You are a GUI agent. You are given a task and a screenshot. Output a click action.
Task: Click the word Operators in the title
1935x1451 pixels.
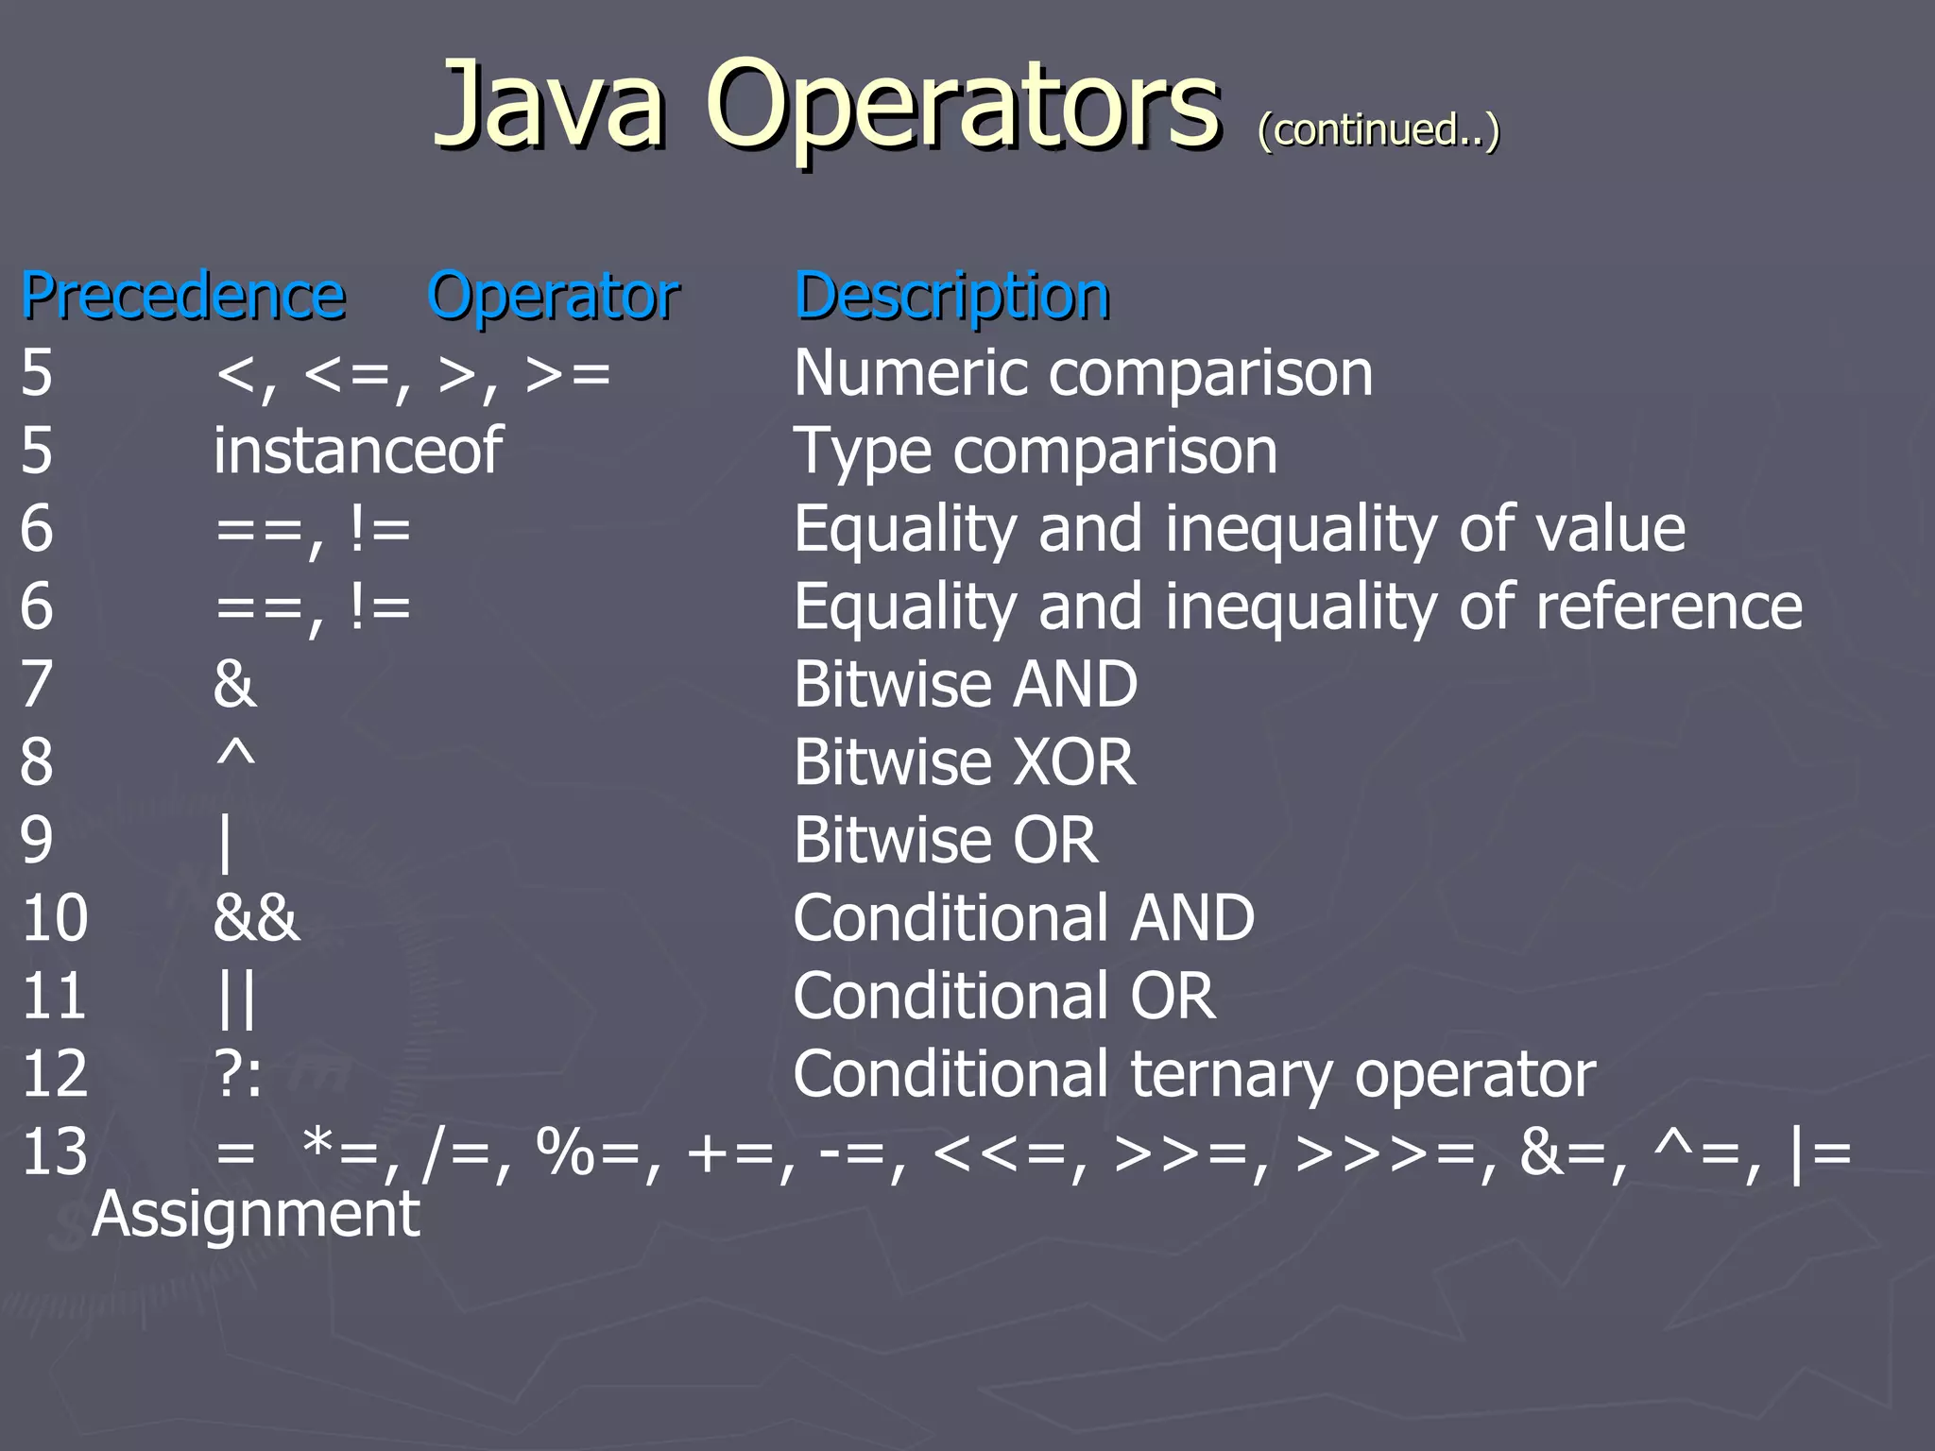click(x=963, y=106)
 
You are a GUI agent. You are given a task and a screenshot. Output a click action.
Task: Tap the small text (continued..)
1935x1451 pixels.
click(x=1378, y=129)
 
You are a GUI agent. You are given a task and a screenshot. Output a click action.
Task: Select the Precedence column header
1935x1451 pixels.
click(x=183, y=296)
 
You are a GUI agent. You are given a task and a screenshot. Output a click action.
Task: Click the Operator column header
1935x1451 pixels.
click(x=554, y=296)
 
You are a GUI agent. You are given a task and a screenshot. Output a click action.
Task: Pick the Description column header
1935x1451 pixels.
click(x=952, y=296)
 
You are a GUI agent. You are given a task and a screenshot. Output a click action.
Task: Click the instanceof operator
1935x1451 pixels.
click(x=358, y=451)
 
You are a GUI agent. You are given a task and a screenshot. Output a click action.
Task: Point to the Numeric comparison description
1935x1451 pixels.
click(x=1083, y=373)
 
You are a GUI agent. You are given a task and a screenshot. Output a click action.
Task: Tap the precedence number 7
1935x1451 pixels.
click(x=37, y=684)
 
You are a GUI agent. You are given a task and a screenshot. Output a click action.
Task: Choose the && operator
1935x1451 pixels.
click(x=256, y=918)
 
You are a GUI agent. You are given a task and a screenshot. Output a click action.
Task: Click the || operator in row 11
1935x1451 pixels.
click(x=236, y=998)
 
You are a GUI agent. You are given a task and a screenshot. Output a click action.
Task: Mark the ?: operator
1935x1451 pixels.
click(x=238, y=1075)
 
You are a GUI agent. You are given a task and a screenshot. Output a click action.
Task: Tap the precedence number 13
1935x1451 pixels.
click(x=55, y=1152)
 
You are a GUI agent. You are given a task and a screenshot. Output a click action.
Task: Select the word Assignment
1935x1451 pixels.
click(x=256, y=1214)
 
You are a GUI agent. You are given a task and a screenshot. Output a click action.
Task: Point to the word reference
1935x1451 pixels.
click(x=1669, y=606)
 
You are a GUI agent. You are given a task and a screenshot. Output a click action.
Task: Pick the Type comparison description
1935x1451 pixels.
click(x=1036, y=451)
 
